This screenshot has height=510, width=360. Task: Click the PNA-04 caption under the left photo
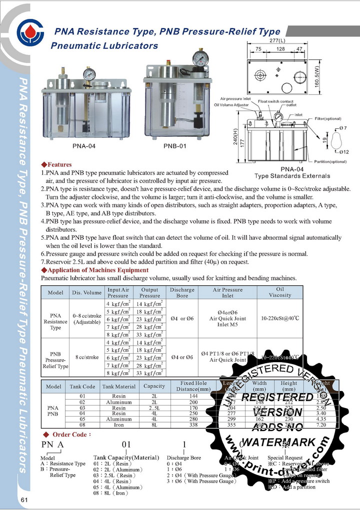click(83, 146)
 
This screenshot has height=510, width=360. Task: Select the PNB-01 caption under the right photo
click(175, 146)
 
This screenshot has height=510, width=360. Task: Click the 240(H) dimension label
click(235, 137)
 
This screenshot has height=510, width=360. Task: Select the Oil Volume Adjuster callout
click(231, 105)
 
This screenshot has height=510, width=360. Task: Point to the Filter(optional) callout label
click(328, 118)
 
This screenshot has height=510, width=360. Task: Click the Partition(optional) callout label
click(330, 162)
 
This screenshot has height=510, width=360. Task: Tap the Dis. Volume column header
click(87, 293)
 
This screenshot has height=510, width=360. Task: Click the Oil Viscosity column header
click(280, 292)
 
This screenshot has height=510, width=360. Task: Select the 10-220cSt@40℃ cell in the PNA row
click(280, 318)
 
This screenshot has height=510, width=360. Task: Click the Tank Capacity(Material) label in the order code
click(126, 457)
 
